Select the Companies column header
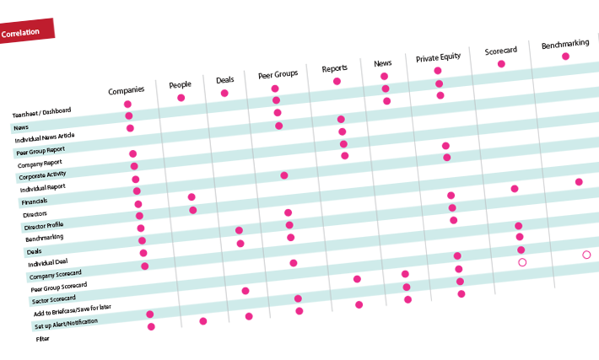coord(126,89)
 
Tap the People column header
coord(180,84)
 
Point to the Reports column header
coord(334,68)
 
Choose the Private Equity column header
coord(439,58)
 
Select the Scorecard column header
coord(501,51)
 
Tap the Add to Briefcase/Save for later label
coord(72,313)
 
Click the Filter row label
coord(42,339)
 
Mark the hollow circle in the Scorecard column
coord(522,262)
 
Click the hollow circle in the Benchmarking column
coord(586,255)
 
